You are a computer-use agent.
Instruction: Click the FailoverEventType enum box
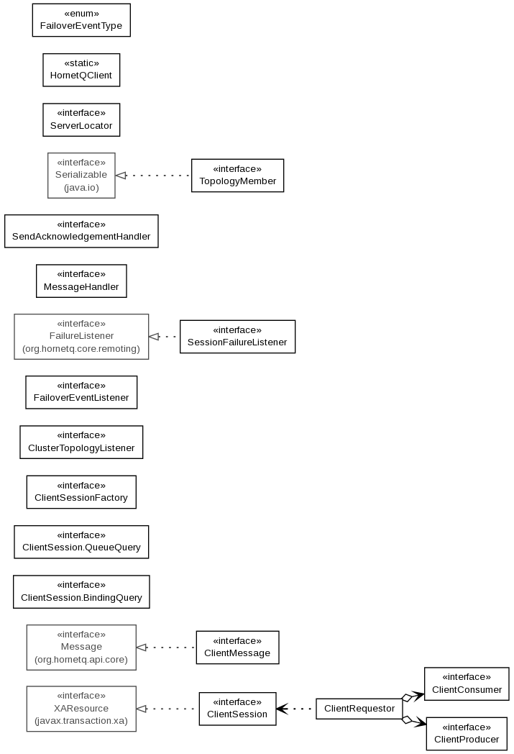click(81, 20)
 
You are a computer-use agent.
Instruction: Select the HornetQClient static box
click(81, 70)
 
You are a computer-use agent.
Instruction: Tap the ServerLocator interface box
click(81, 119)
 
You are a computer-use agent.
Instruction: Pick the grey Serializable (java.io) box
click(81, 176)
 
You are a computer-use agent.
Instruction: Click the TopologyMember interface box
click(237, 176)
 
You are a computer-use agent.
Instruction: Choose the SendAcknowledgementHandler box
click(81, 231)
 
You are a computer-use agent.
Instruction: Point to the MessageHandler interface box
click(81, 281)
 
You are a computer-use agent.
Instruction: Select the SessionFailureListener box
click(237, 337)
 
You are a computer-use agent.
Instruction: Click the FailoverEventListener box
click(81, 392)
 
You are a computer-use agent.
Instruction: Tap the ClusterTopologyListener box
click(81, 442)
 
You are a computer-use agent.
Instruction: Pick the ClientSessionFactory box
click(81, 492)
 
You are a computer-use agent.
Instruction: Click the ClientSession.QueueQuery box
click(81, 542)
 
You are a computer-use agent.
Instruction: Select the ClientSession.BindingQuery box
click(81, 591)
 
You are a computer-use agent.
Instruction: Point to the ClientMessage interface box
click(237, 648)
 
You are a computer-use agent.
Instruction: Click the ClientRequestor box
click(359, 709)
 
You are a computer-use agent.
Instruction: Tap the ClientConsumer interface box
click(467, 683)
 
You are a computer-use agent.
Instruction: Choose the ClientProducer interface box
click(467, 734)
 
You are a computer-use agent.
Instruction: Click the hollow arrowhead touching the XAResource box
click(141, 709)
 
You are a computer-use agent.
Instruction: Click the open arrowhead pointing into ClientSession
click(282, 709)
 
